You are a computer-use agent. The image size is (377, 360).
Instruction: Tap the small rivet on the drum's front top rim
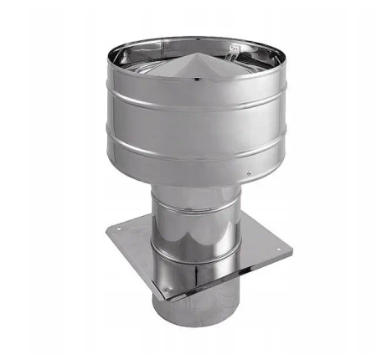[195, 79]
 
